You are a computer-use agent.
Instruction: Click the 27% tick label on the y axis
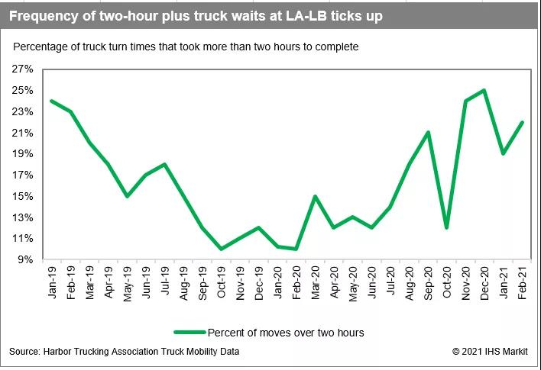tap(22, 69)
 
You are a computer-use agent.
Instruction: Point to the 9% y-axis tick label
tap(24, 259)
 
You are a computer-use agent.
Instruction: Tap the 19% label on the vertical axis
tap(22, 153)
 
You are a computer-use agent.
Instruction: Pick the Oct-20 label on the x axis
tap(447, 284)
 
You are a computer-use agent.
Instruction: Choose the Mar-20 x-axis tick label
tap(316, 284)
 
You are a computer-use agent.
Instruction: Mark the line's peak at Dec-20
tap(484, 90)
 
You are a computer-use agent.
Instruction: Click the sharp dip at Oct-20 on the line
tap(447, 227)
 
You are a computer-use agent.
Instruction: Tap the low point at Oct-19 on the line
tap(222, 249)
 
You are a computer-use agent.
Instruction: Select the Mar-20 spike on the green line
tap(316, 196)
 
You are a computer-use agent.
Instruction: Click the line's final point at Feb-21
tap(522, 122)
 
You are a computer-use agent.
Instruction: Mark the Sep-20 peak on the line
tap(428, 132)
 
